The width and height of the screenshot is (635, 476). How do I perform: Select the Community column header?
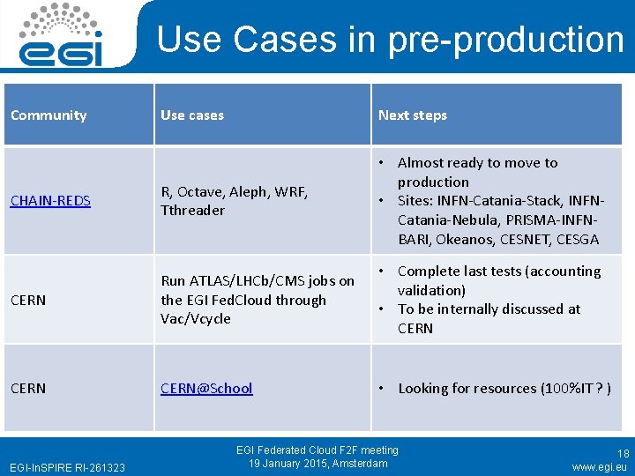[x=49, y=115]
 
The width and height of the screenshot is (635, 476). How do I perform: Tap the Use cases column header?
[x=192, y=115]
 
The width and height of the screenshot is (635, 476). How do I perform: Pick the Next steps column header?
[x=413, y=115]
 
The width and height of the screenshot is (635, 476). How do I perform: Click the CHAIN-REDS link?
[x=50, y=201]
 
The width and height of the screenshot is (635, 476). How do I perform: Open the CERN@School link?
[x=206, y=389]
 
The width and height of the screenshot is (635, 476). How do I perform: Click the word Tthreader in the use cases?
[x=192, y=211]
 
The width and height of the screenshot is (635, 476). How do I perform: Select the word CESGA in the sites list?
[x=578, y=240]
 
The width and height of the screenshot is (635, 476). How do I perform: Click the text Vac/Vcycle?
[x=196, y=319]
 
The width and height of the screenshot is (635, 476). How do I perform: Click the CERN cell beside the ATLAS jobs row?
[x=28, y=301]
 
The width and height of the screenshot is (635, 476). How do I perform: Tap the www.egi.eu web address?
[x=599, y=467]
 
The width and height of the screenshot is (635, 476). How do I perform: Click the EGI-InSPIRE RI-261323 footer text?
[x=67, y=467]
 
